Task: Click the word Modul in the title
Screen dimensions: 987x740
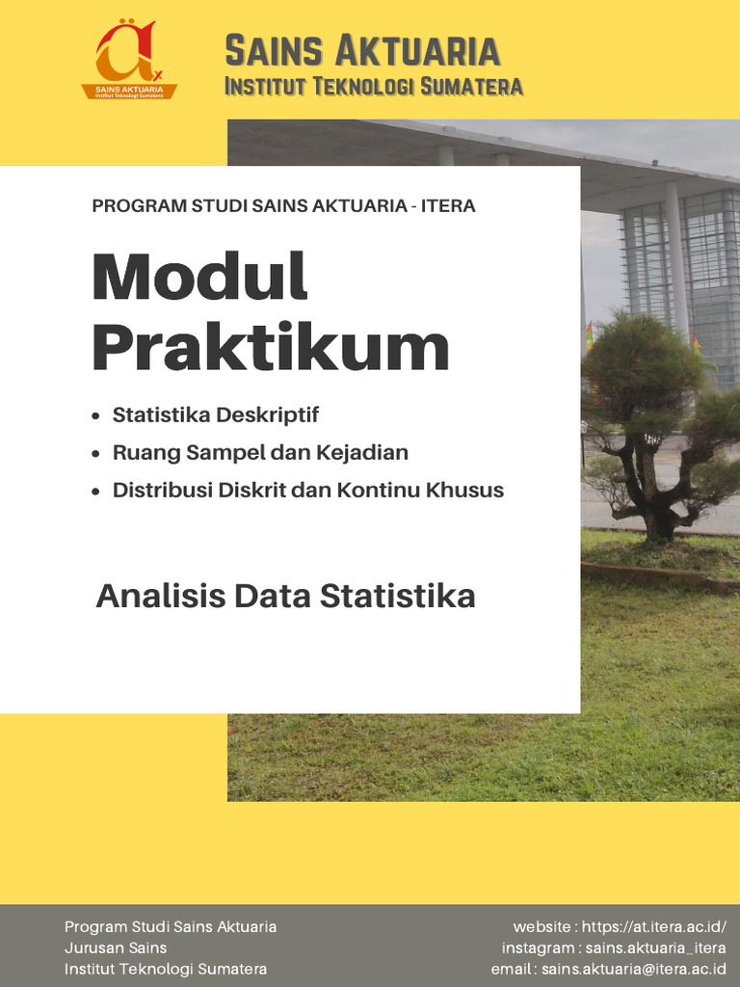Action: pyautogui.click(x=199, y=277)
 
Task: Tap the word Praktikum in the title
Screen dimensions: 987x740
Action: pyautogui.click(x=271, y=348)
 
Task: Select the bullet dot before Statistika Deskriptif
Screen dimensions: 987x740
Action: pyautogui.click(x=94, y=416)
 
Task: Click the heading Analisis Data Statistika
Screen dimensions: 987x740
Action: pyautogui.click(x=285, y=596)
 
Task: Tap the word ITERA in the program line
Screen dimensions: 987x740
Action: pyautogui.click(x=448, y=205)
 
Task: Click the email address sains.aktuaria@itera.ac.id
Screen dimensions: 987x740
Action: pyautogui.click(x=633, y=969)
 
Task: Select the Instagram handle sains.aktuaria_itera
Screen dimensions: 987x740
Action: pyautogui.click(x=655, y=947)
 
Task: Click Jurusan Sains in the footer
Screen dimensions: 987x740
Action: pyautogui.click(x=116, y=947)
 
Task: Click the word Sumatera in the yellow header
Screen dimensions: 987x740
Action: pyautogui.click(x=470, y=87)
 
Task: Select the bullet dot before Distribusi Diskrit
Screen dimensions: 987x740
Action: pyautogui.click(x=94, y=492)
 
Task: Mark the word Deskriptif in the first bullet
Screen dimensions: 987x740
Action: pyautogui.click(x=267, y=415)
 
